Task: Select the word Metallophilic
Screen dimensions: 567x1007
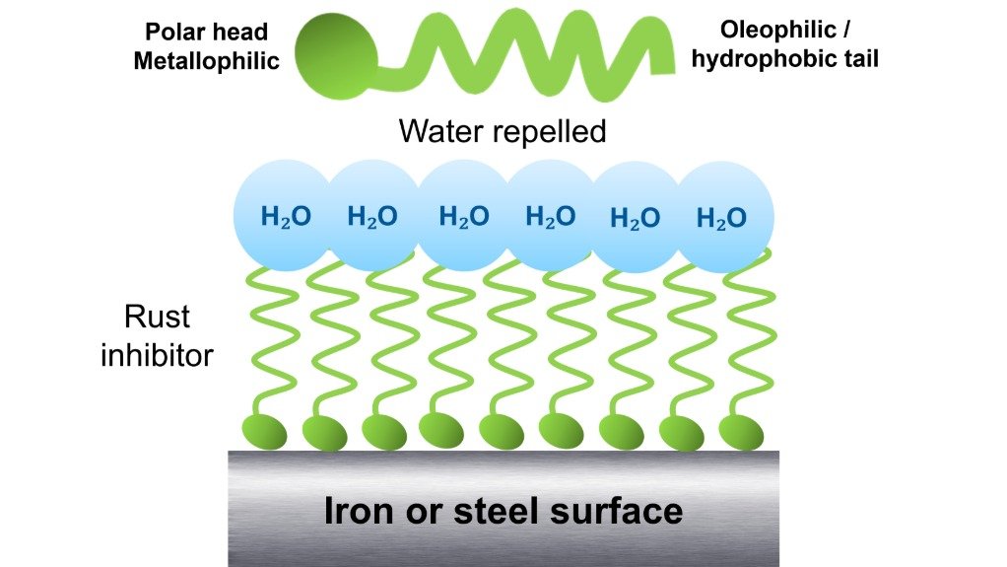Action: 206,61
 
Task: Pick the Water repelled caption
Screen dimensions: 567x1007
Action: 503,130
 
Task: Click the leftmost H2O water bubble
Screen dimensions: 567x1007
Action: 285,216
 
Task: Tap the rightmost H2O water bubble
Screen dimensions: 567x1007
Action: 721,218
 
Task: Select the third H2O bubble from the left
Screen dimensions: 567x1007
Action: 463,216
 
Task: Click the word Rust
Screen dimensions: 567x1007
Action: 157,318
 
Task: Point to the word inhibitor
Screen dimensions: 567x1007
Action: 157,354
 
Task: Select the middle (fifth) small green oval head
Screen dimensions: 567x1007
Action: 503,431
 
